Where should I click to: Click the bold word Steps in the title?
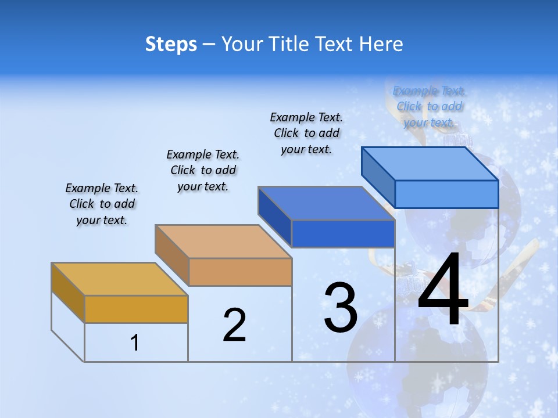pyautogui.click(x=171, y=44)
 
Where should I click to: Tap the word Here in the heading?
pyautogui.click(x=381, y=44)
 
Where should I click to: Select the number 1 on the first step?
pyautogui.click(x=135, y=343)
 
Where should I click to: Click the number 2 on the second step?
pyautogui.click(x=234, y=325)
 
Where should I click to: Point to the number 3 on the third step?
pyautogui.click(x=341, y=307)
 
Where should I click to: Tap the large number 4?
pyautogui.click(x=443, y=290)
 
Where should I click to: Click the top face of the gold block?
pyautogui.click(x=119, y=279)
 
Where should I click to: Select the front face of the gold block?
pyautogui.click(x=136, y=309)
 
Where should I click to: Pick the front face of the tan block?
pyautogui.click(x=240, y=272)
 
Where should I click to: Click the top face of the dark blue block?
pyautogui.click(x=326, y=203)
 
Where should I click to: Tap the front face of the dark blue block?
pyautogui.click(x=343, y=234)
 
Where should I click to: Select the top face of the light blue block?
pyautogui.click(x=430, y=163)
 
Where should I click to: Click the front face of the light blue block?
pyautogui.click(x=446, y=194)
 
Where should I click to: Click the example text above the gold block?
pyautogui.click(x=102, y=204)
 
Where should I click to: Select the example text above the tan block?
pyautogui.click(x=203, y=170)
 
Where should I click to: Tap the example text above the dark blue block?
pyautogui.click(x=306, y=133)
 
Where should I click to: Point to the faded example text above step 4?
pyautogui.click(x=429, y=106)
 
